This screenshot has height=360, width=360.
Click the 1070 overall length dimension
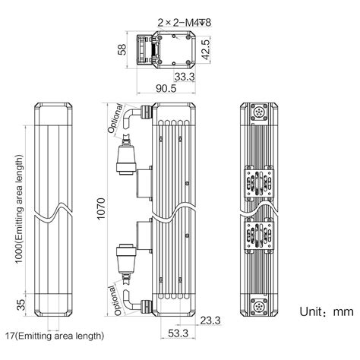coord(101,209)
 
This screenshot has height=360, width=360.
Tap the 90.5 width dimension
coord(166,88)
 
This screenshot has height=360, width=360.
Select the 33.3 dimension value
coord(185,77)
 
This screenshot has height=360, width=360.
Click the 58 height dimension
coord(122,49)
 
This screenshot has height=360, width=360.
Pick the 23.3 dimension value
coord(210,321)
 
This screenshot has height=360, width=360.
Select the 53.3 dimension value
coord(178,333)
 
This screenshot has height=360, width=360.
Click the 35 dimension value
coord(21,305)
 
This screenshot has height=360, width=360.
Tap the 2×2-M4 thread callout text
coord(185,23)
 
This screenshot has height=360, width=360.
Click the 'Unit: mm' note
coord(327,311)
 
